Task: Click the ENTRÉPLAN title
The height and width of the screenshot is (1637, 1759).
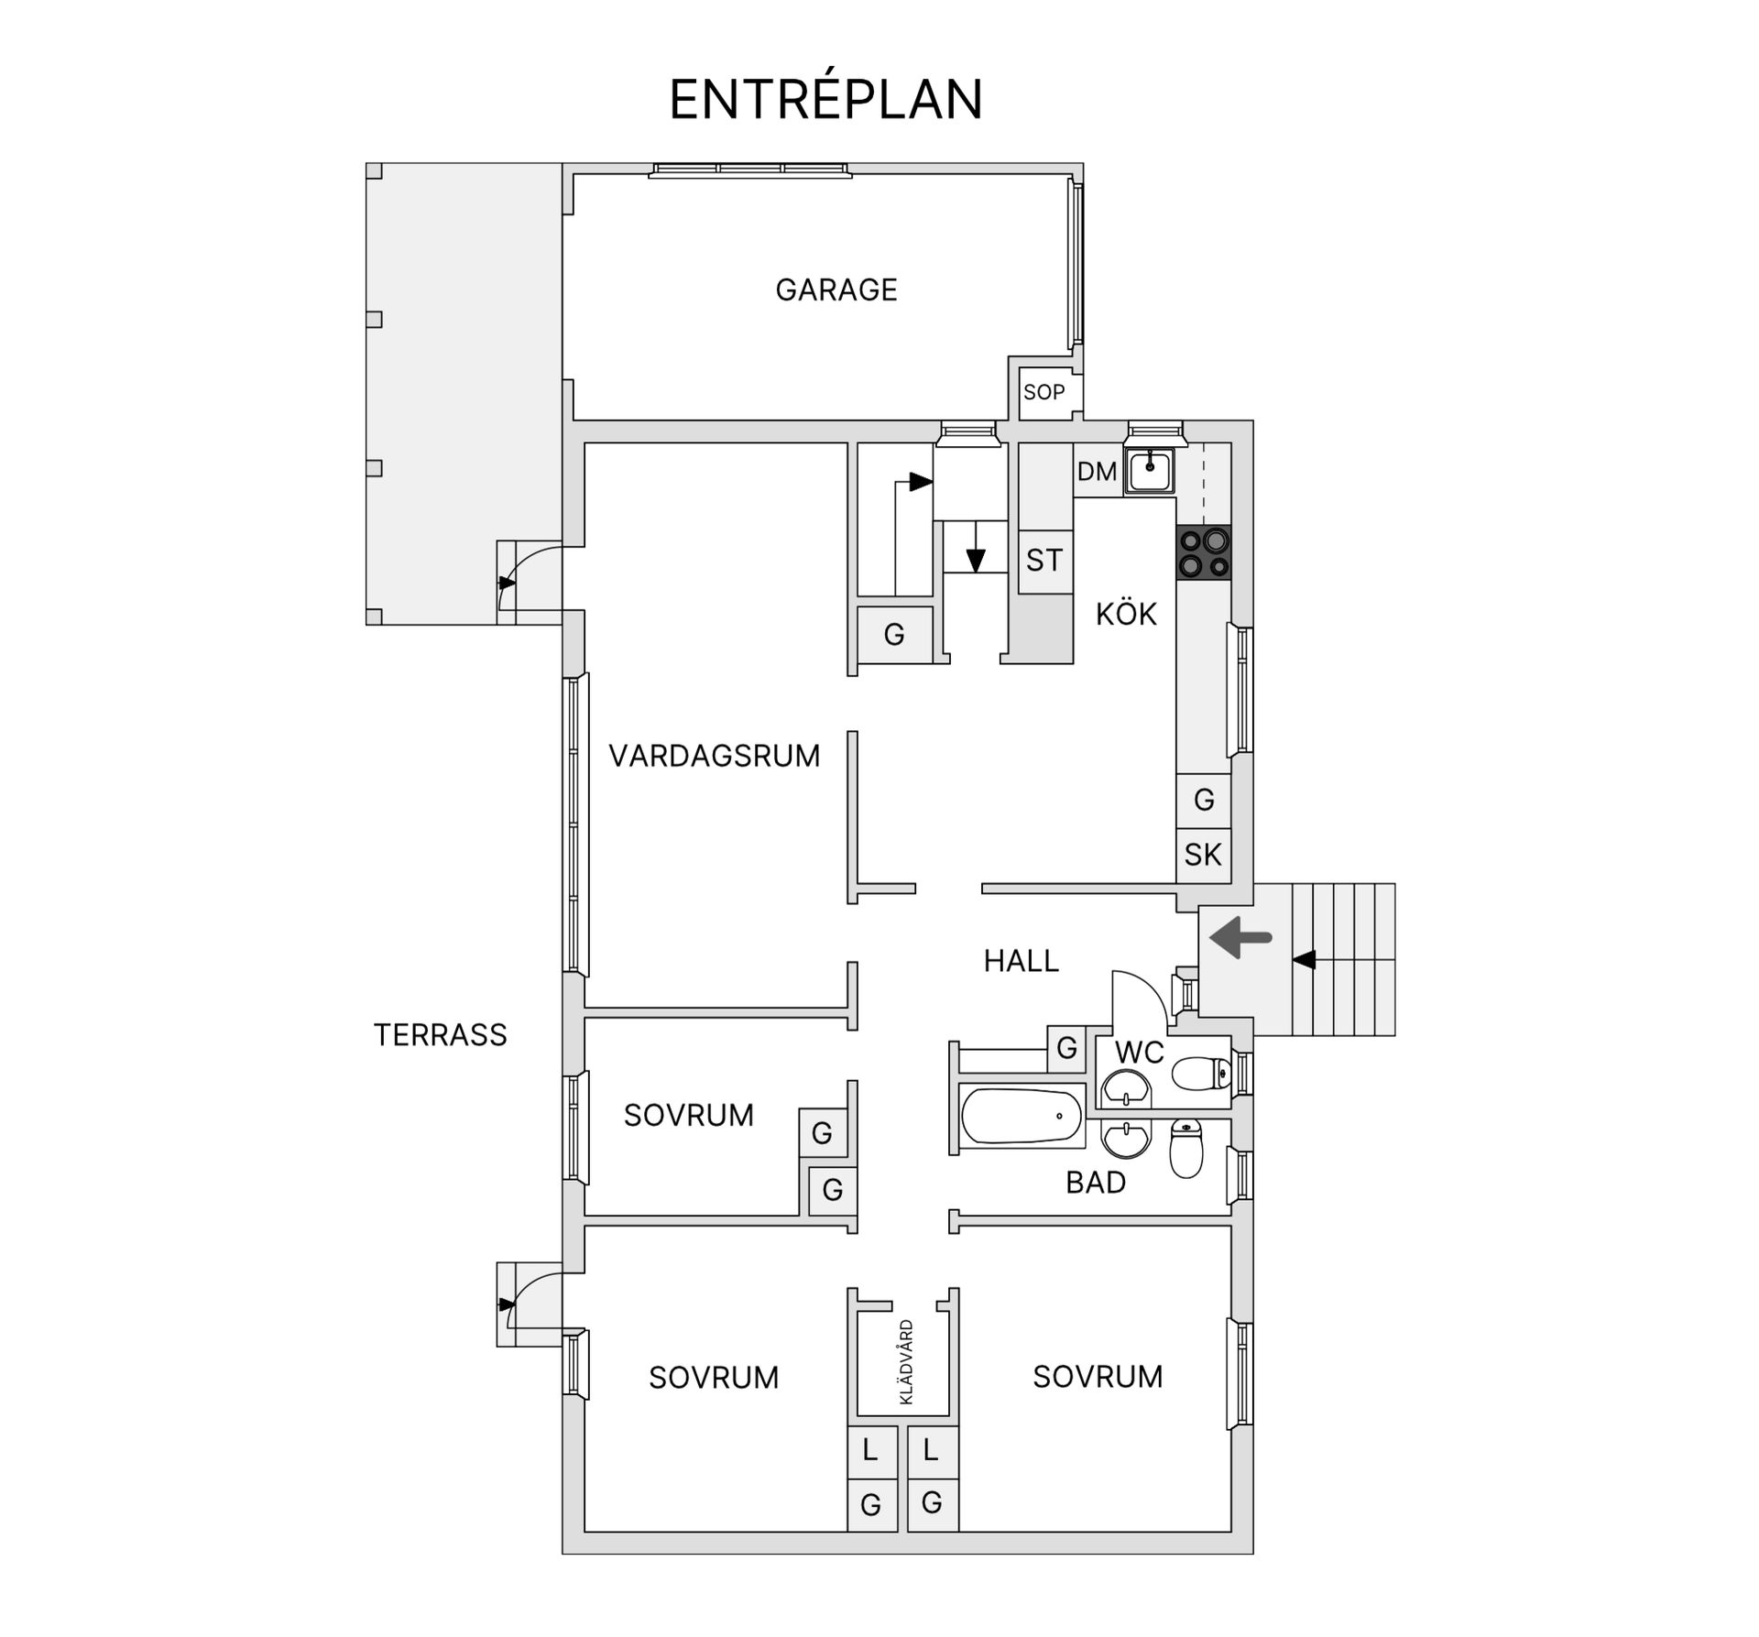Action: click(x=825, y=99)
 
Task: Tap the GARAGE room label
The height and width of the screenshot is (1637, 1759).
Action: click(x=836, y=289)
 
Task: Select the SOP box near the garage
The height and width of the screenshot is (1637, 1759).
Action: click(x=1043, y=392)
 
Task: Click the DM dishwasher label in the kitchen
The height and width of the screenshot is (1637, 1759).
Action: click(x=1097, y=472)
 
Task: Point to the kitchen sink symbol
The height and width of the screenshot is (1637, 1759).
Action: click(x=1150, y=472)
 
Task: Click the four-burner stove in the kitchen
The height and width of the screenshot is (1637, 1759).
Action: click(x=1204, y=552)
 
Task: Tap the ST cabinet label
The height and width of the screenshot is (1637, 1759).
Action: click(x=1044, y=560)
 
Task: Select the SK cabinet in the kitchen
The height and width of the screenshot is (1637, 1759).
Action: click(x=1203, y=855)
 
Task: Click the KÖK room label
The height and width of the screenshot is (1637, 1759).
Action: click(x=1126, y=614)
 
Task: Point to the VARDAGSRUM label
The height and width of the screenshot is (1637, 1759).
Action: click(x=714, y=756)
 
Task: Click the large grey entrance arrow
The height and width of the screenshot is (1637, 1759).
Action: click(x=1240, y=937)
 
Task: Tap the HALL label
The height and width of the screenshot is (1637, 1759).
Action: click(x=1021, y=960)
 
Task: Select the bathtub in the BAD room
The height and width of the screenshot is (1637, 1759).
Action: click(x=1021, y=1116)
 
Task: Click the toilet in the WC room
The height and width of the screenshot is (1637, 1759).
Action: click(x=1201, y=1073)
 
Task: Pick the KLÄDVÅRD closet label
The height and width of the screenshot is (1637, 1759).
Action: click(x=906, y=1361)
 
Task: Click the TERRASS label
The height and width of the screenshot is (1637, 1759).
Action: click(x=440, y=1034)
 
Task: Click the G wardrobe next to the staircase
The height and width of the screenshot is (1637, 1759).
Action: click(x=894, y=634)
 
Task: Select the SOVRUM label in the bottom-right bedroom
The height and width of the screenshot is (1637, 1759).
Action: click(x=1098, y=1376)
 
